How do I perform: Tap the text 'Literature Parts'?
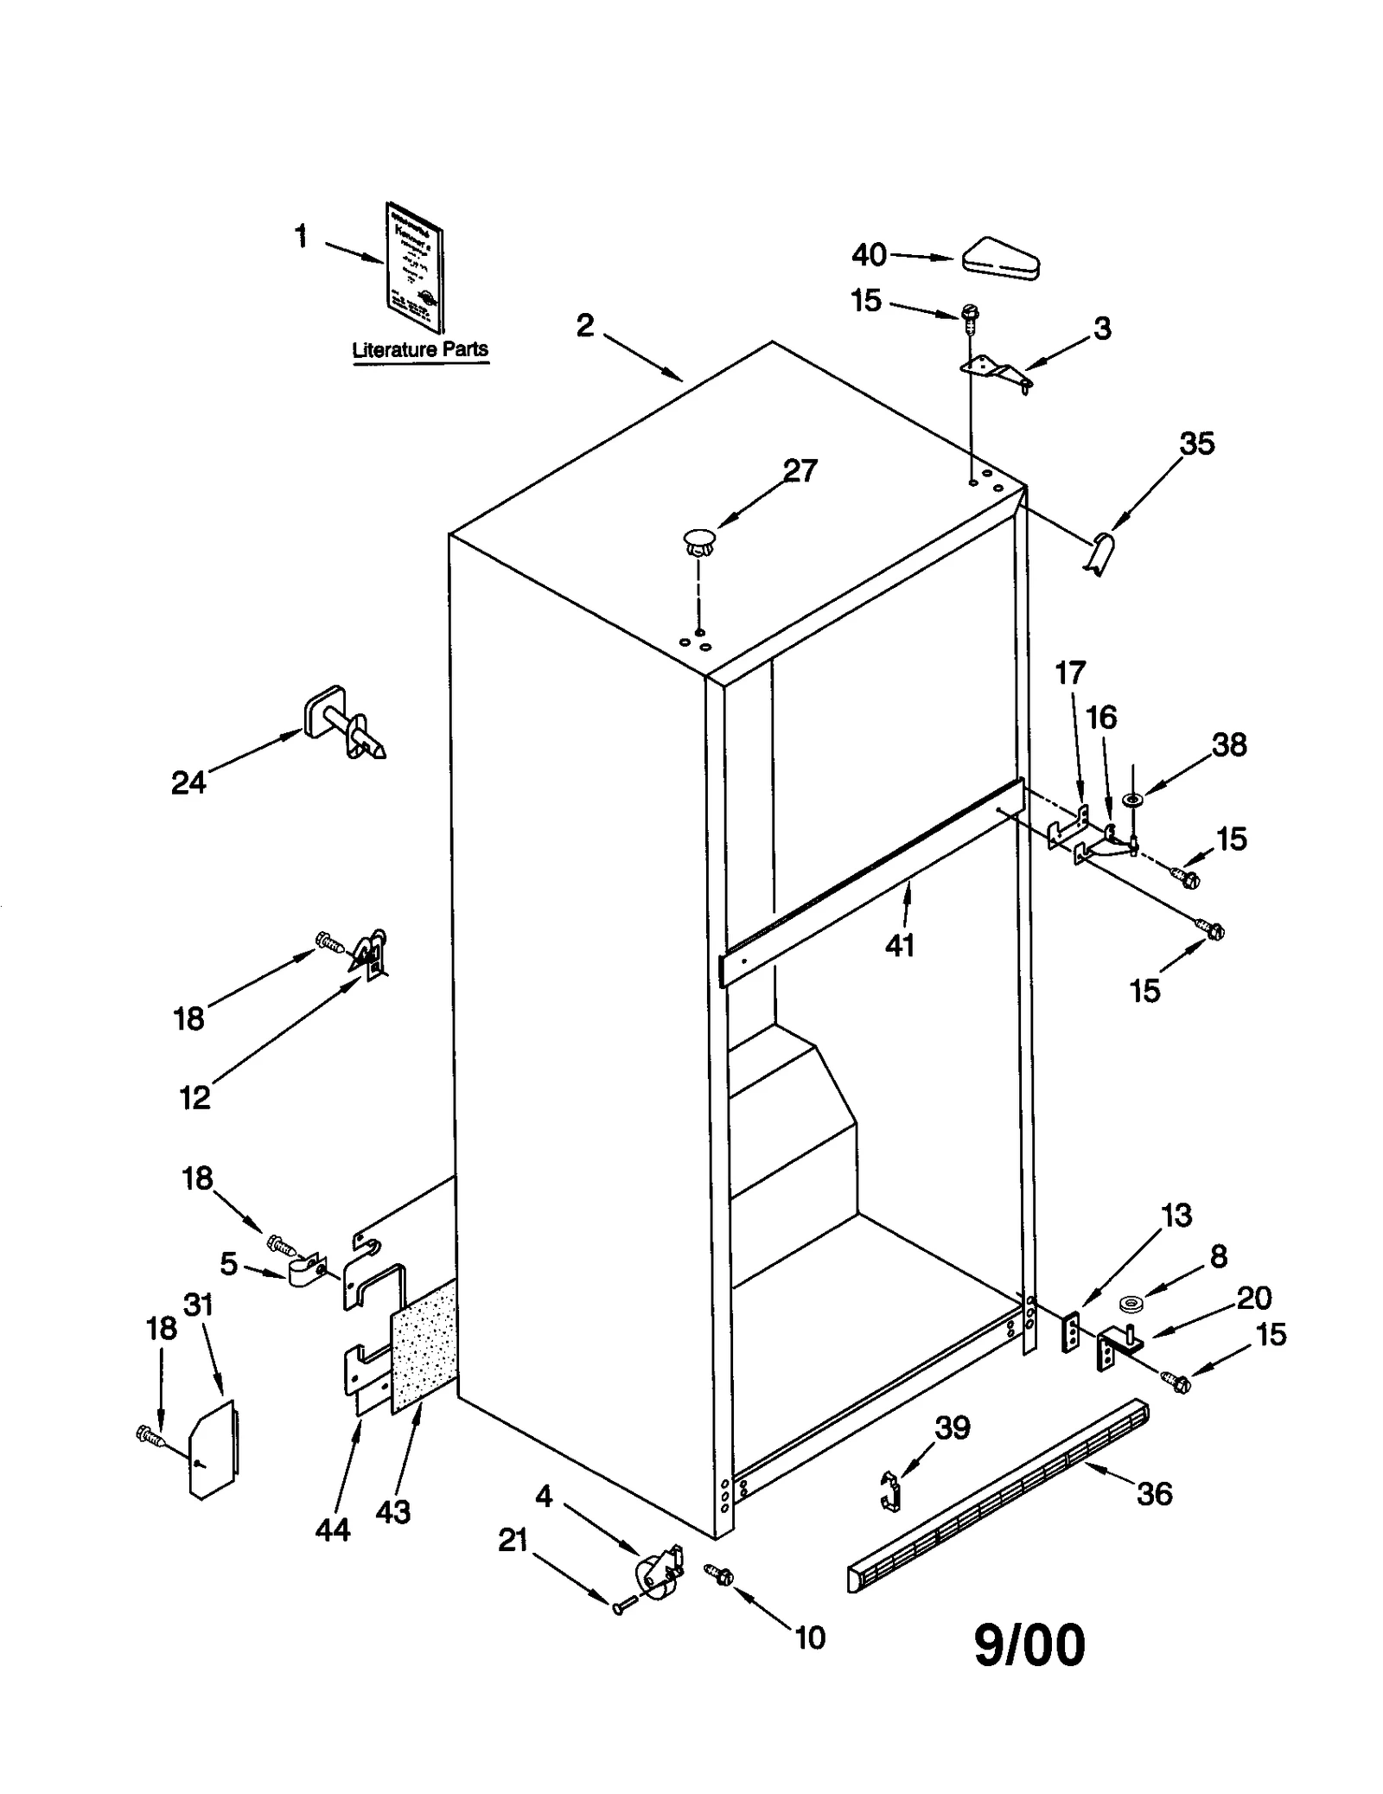pyautogui.click(x=420, y=350)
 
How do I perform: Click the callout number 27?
pyautogui.click(x=800, y=470)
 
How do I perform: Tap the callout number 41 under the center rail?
pyautogui.click(x=899, y=946)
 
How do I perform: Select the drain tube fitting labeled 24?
pyautogui.click(x=341, y=722)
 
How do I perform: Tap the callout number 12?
pyautogui.click(x=194, y=1098)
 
